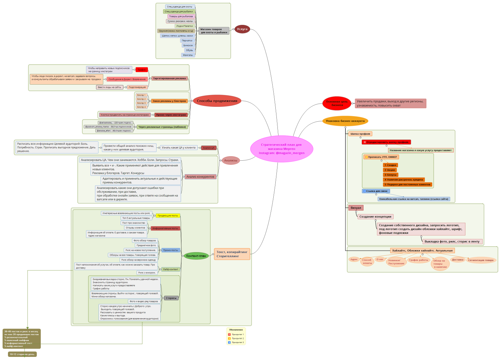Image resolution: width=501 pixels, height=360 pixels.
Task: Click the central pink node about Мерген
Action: coord(281,149)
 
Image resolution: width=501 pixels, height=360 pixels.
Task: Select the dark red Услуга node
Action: coord(242,29)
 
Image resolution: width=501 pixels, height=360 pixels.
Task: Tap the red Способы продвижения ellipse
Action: coord(217,101)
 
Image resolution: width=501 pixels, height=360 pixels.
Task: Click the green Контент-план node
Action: coord(196,256)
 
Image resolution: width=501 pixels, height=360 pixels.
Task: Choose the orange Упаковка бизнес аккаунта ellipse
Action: coord(345,121)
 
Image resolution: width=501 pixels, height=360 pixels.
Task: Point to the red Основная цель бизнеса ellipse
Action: coord(337,103)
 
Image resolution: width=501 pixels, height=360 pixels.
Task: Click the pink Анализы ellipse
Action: coord(230,160)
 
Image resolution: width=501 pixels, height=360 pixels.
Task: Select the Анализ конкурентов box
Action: coord(200,177)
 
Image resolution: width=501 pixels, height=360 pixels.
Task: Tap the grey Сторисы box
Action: coord(171,298)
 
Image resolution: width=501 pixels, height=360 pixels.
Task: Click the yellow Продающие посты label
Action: coord(168,216)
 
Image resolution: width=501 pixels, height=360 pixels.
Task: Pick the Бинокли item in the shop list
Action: coord(188,46)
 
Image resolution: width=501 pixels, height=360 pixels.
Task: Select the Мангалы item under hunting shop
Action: coord(188,55)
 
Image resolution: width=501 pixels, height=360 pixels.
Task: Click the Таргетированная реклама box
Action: coord(169,78)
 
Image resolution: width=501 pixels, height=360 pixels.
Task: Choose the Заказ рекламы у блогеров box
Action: coord(169,101)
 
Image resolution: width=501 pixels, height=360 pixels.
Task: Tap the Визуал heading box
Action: coord(356,208)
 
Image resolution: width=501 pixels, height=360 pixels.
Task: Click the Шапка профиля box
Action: coord(360,134)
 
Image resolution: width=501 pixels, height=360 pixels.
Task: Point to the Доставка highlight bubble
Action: coord(457,260)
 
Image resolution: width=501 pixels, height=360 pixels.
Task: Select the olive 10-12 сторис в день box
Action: coord(22,354)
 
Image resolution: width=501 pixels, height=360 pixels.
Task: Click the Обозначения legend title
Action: coord(236,330)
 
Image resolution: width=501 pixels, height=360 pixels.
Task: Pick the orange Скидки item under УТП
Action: coord(390,165)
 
